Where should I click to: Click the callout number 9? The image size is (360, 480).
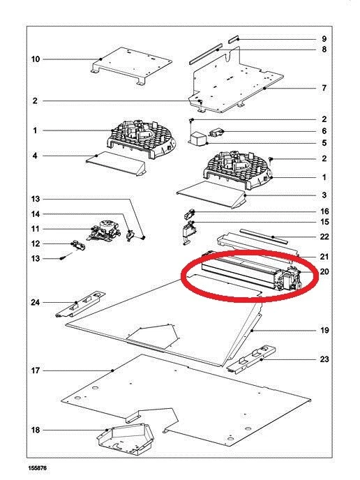(x=324, y=39)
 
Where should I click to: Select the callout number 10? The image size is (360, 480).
(x=36, y=59)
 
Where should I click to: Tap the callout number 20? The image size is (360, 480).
(x=324, y=271)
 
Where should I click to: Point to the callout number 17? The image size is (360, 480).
(x=36, y=370)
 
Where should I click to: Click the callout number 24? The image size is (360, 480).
(x=36, y=303)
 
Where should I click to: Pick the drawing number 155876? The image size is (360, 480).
(x=38, y=468)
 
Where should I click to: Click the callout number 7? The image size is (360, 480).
(x=324, y=88)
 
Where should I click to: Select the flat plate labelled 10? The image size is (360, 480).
(x=132, y=66)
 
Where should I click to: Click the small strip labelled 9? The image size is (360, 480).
(x=234, y=40)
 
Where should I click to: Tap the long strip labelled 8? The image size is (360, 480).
(x=204, y=55)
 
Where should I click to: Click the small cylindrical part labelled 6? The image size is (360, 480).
(x=216, y=133)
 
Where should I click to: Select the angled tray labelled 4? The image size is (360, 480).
(x=116, y=163)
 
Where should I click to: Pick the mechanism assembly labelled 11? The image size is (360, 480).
(x=103, y=231)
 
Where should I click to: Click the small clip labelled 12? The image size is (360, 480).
(x=77, y=245)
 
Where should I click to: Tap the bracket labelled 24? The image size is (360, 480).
(x=81, y=304)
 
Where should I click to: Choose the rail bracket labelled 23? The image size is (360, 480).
(x=251, y=360)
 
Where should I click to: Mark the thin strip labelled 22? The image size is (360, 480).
(x=264, y=236)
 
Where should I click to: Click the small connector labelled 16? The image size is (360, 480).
(x=190, y=214)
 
